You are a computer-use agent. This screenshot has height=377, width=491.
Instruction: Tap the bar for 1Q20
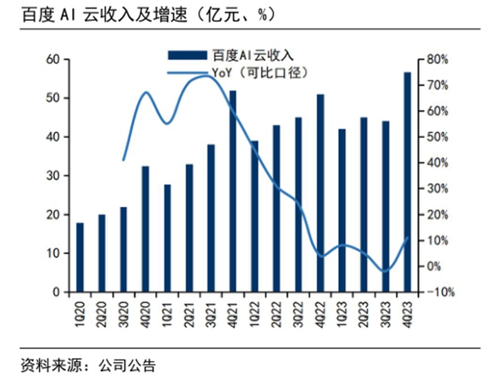click(x=80, y=258)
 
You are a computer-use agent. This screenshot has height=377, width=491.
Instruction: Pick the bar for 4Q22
click(x=320, y=193)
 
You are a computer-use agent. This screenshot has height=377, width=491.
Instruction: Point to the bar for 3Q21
click(x=211, y=218)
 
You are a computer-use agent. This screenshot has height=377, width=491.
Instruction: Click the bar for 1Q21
click(x=167, y=238)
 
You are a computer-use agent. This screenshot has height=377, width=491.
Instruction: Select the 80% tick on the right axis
click(x=436, y=59)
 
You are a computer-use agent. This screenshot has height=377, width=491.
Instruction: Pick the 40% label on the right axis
click(x=436, y=163)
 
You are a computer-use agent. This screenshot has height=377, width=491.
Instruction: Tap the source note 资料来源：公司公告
click(x=88, y=364)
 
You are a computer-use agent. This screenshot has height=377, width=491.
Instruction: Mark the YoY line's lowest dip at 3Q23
click(x=385, y=271)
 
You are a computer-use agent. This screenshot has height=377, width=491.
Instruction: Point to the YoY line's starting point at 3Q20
click(x=123, y=160)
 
